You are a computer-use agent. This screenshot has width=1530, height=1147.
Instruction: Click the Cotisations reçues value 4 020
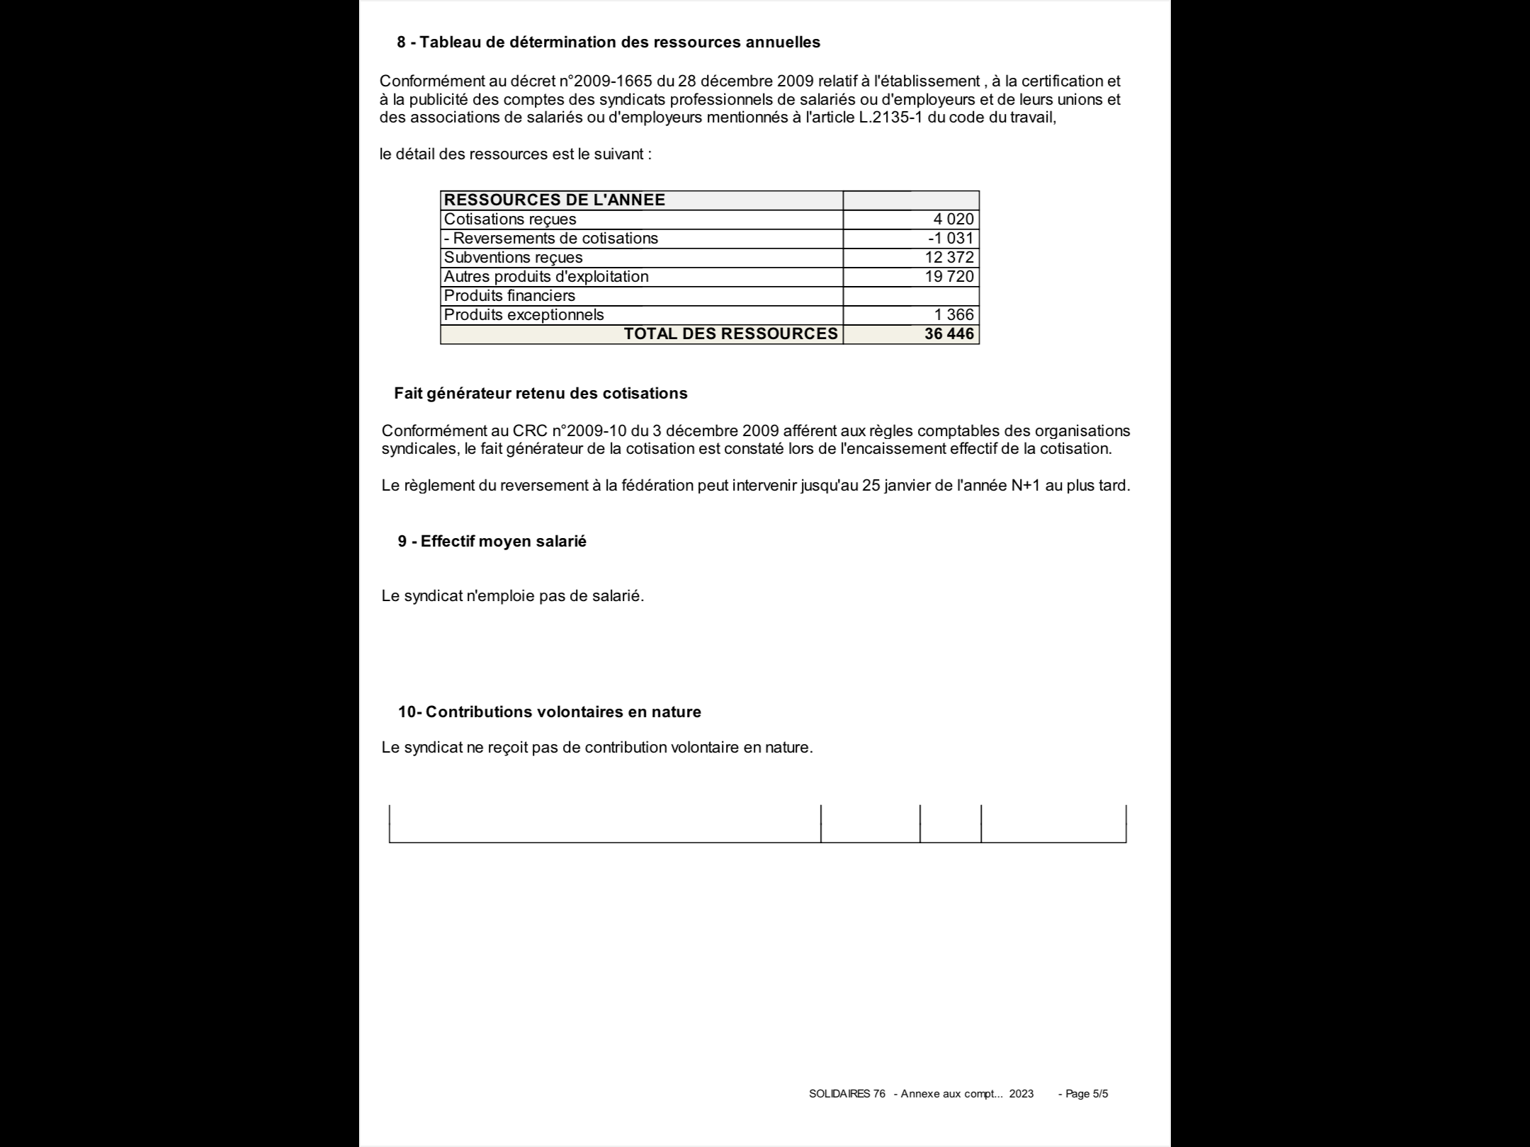click(x=953, y=219)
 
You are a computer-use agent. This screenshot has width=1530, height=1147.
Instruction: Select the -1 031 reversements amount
click(x=951, y=239)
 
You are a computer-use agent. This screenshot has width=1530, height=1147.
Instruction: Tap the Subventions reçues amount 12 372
click(x=949, y=258)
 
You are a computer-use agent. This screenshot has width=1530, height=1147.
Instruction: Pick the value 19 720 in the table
click(x=949, y=277)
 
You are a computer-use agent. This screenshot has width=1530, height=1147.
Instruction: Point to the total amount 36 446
click(x=949, y=334)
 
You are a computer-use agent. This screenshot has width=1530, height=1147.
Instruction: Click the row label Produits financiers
click(x=509, y=296)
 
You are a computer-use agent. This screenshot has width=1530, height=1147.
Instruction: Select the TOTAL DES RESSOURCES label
click(x=730, y=334)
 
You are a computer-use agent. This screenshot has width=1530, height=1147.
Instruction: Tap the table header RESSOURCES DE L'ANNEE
click(x=555, y=200)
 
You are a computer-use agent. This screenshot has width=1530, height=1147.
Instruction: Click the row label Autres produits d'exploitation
click(x=545, y=277)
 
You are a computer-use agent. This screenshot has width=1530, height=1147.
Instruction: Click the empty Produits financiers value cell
click(x=911, y=296)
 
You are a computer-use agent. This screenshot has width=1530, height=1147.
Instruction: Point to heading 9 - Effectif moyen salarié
click(x=492, y=542)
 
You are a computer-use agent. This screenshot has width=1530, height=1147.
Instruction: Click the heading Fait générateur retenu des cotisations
click(x=540, y=394)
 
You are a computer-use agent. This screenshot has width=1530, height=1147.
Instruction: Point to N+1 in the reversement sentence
click(x=1026, y=486)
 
